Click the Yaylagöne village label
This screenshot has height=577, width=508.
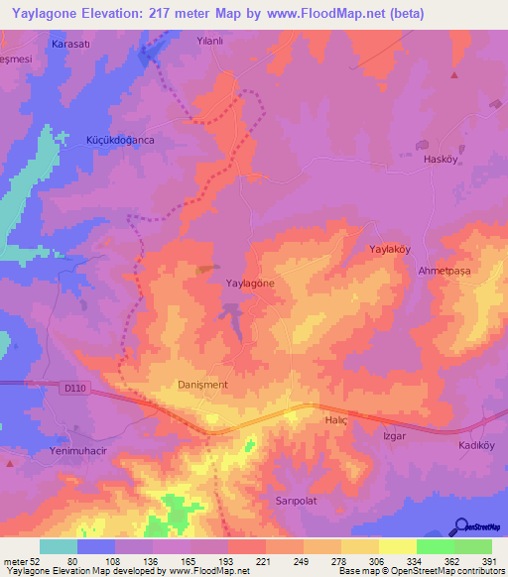pos(250,283)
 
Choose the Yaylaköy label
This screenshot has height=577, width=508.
pos(390,250)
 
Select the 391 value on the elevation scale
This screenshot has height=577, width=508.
pos(489,561)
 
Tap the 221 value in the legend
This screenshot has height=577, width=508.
pos(262,561)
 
